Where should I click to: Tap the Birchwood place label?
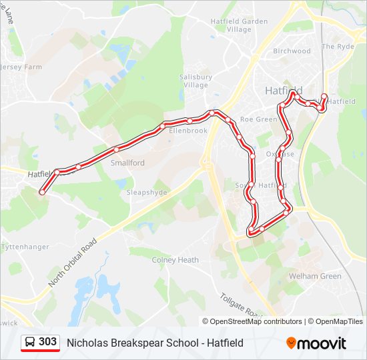pos(292,51)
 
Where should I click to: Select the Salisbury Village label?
pos(196,81)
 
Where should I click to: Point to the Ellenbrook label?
pos(188,131)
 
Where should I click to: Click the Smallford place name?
pos(127,163)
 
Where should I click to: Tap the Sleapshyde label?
pos(146,192)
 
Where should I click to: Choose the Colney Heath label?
pos(175,260)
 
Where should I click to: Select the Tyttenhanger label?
pos(25,247)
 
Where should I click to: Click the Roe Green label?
pos(258,119)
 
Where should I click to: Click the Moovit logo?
pos(316,343)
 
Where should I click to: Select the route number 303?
pos(47,342)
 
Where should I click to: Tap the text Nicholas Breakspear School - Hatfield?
pos(155,343)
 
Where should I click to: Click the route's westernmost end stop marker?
pos(42,192)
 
